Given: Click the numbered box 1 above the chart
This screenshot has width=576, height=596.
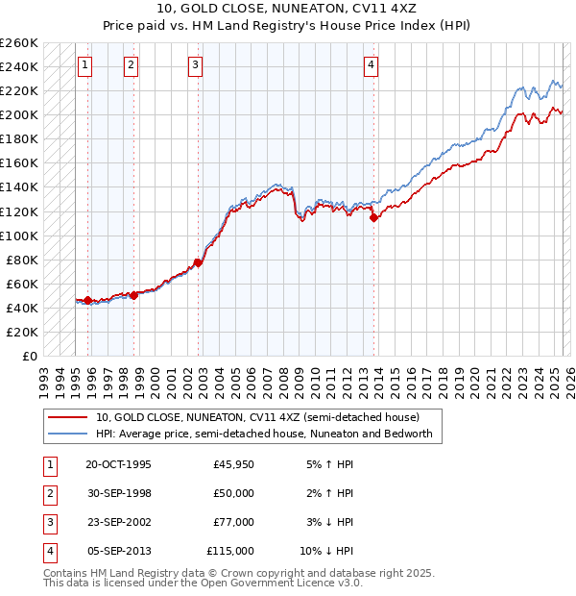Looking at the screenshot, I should [85, 65].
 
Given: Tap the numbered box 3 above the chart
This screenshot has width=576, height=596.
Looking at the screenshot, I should [195, 65].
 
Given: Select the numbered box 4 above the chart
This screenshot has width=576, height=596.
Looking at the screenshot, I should [371, 65].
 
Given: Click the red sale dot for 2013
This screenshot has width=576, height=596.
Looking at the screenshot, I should [373, 217].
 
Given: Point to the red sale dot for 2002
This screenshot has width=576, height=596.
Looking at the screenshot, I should [199, 262].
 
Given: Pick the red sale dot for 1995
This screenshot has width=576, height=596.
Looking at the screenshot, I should [87, 301].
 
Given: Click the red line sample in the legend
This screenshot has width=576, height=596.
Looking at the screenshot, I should [66, 418].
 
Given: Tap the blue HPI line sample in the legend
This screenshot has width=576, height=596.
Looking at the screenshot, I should [66, 434].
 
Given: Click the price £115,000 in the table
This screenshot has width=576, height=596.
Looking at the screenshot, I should [230, 551].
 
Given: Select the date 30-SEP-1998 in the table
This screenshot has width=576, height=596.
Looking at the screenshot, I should [118, 493].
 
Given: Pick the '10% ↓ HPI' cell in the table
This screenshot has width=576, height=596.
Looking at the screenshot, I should [326, 551].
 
